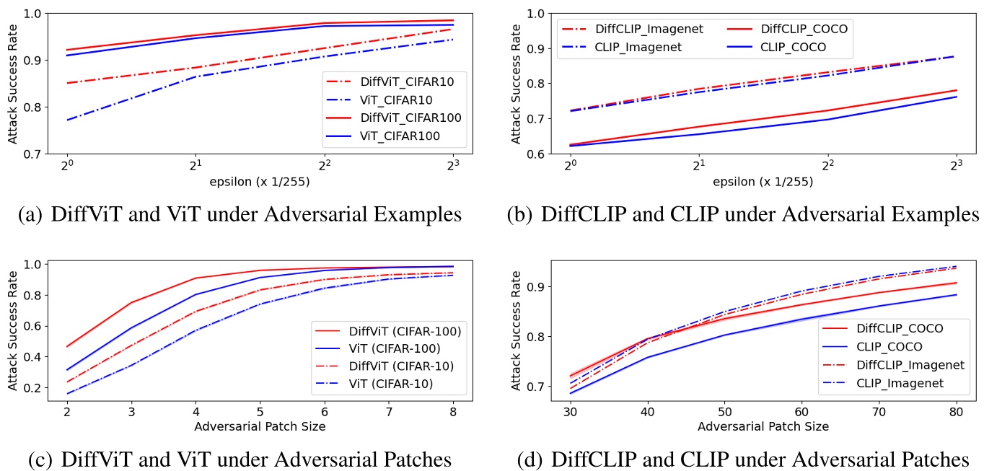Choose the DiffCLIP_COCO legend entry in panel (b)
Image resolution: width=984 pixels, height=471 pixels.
pyautogui.click(x=804, y=30)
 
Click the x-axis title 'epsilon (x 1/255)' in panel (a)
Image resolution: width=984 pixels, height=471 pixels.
pyautogui.click(x=259, y=182)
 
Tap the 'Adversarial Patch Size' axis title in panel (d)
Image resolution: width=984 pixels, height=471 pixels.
pyautogui.click(x=763, y=426)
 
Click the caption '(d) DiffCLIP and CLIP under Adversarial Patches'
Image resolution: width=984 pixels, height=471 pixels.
pyautogui.click(x=743, y=459)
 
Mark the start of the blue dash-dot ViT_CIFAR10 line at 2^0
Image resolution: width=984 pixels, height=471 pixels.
pyautogui.click(x=67, y=120)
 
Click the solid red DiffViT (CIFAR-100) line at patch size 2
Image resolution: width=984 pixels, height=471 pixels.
pyautogui.click(x=67, y=347)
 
